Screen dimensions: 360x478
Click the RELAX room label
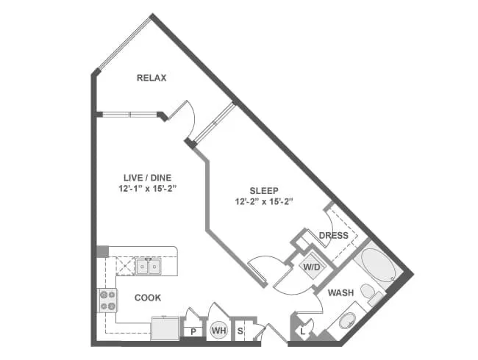(152, 77)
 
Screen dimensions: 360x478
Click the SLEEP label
(263, 189)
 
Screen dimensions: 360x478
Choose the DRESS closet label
(333, 236)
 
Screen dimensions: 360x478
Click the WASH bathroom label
(341, 292)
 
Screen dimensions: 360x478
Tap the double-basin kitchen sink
(149, 266)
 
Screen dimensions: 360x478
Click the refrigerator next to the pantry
(165, 328)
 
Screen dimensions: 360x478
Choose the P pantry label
(193, 332)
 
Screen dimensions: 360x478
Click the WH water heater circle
(218, 331)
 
